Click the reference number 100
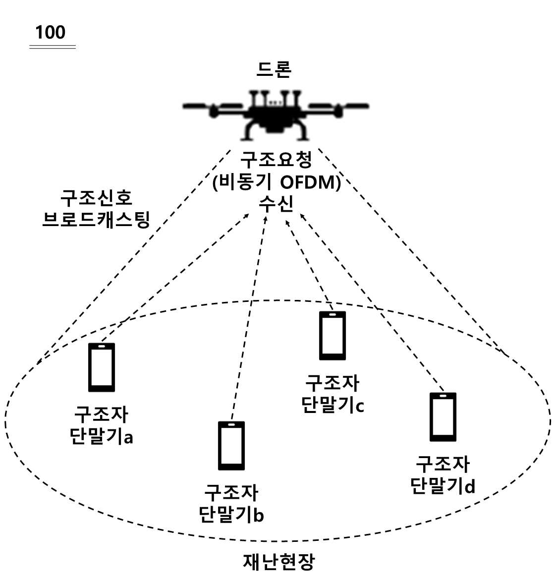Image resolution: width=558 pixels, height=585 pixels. click(x=51, y=32)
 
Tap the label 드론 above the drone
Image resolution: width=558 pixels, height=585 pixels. click(x=274, y=69)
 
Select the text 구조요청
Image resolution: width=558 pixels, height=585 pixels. click(x=276, y=160)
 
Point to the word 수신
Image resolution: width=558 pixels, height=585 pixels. click(x=276, y=204)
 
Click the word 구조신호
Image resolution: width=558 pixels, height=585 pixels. click(x=96, y=198)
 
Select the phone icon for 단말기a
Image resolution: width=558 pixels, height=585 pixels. click(x=102, y=367)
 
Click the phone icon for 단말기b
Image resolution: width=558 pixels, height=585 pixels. click(x=231, y=446)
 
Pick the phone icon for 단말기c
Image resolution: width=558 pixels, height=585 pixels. click(x=333, y=336)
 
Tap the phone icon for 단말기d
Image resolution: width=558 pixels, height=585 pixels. click(x=443, y=417)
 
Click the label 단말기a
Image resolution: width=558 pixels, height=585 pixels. click(x=102, y=436)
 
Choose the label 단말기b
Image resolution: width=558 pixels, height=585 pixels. click(x=231, y=515)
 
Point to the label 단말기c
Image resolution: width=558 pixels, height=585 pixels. click(x=333, y=405)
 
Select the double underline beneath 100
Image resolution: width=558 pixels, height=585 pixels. click(x=53, y=47)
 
